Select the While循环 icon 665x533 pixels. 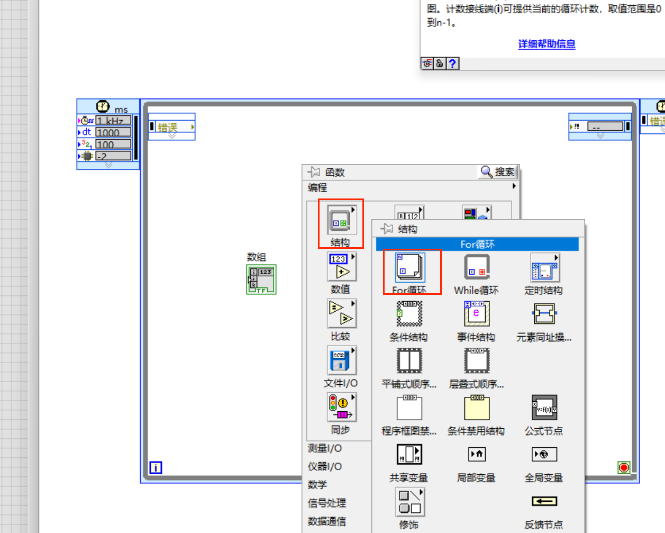coord(477,267)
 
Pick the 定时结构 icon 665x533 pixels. coord(544,267)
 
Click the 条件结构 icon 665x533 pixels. coord(409,314)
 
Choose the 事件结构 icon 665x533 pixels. coord(477,314)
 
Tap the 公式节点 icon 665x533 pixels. coord(544,408)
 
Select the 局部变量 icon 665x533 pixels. coord(477,455)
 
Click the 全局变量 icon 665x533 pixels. coord(544,455)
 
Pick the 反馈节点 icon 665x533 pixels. coord(544,501)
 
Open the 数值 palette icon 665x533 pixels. coord(341,267)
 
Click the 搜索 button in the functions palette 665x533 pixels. coord(498,172)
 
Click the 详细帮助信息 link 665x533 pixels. coord(546,44)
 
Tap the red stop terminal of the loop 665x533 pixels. coord(624,467)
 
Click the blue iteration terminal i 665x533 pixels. coord(156,467)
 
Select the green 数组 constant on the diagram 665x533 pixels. coord(261,279)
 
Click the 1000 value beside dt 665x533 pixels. coord(113,132)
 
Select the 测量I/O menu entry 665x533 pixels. coord(325,448)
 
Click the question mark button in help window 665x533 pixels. coord(452,64)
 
